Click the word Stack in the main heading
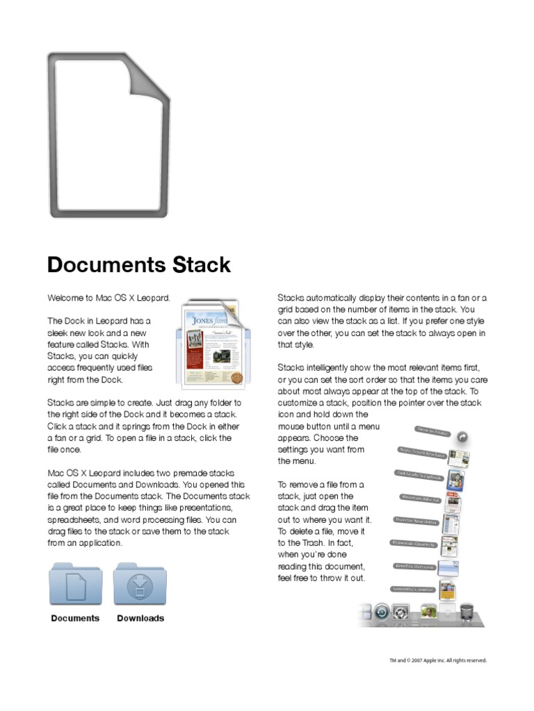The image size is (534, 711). coord(201,265)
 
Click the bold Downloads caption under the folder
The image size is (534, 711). coord(140,618)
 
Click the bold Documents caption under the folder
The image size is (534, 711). coord(75,618)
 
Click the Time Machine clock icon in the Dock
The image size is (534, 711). coord(381,613)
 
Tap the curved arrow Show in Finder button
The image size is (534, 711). coord(462,437)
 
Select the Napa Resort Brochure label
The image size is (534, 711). coord(421,453)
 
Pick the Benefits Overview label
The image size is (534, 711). coord(415,567)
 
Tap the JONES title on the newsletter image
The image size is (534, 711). coord(202,321)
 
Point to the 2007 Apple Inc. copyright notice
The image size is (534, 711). coord(437,660)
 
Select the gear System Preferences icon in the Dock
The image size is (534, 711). coord(400,613)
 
